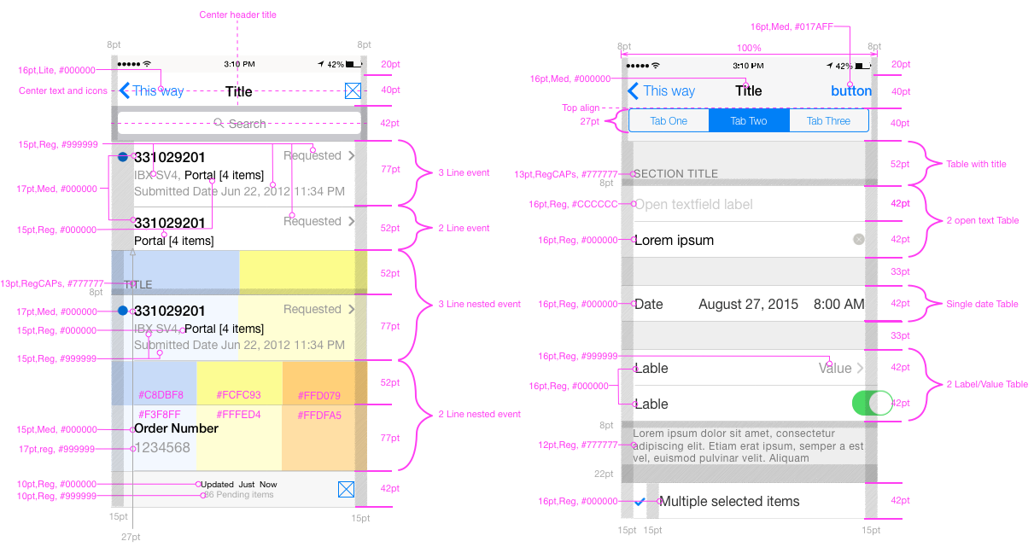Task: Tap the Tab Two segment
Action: point(748,121)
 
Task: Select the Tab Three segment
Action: point(828,121)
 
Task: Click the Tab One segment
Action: point(669,121)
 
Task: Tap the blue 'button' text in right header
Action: point(851,91)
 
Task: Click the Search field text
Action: point(247,124)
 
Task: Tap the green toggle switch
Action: point(872,403)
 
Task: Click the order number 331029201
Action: point(170,311)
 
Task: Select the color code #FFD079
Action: point(318,396)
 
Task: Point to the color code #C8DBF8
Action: point(161,395)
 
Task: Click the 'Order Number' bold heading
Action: point(176,428)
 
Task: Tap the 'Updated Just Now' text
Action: point(239,485)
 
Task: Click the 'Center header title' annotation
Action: point(237,15)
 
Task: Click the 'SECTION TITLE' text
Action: point(675,173)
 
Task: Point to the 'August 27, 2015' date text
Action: point(748,305)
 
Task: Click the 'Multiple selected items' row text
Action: point(731,502)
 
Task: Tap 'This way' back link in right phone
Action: point(669,91)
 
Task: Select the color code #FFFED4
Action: point(238,416)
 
